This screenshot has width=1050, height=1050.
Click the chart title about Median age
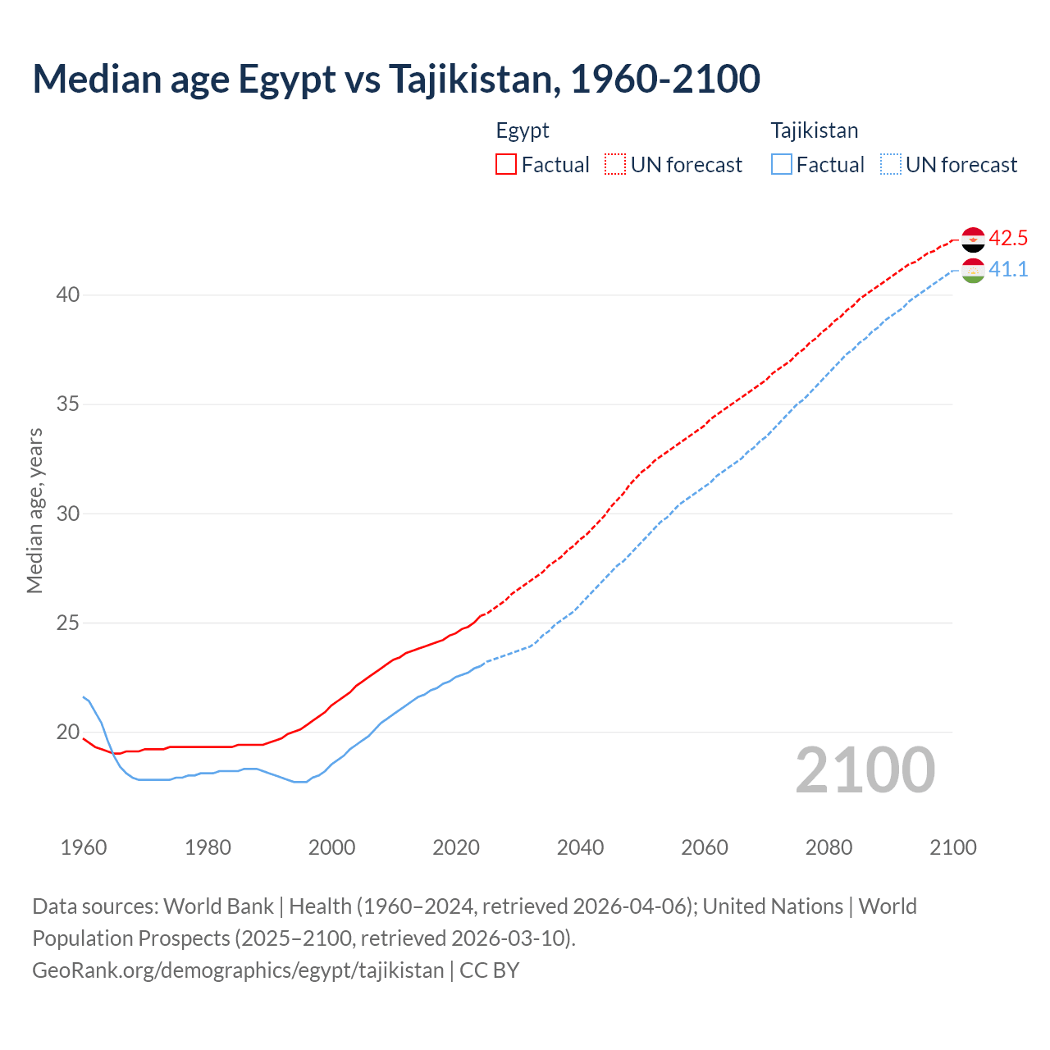tap(396, 79)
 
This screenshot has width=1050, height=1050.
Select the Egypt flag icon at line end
tap(973, 240)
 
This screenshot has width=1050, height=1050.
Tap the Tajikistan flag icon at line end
tap(973, 270)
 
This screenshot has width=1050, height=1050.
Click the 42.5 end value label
tap(1008, 239)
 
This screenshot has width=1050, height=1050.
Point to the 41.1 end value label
tap(1008, 270)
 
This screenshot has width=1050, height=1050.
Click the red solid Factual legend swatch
tap(506, 165)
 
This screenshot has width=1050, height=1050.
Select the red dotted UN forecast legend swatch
tap(615, 165)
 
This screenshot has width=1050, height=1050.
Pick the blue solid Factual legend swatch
tap(782, 165)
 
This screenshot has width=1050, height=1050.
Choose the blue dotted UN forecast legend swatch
tap(891, 165)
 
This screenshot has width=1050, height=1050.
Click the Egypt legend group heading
tap(523, 130)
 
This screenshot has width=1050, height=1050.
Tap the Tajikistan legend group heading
tap(815, 130)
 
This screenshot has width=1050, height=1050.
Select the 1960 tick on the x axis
tap(84, 847)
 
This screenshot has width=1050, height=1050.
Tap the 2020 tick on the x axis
tap(456, 847)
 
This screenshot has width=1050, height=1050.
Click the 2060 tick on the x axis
tap(705, 847)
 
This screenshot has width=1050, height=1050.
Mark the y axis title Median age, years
tap(34, 510)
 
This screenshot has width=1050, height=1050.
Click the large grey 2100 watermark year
tap(865, 770)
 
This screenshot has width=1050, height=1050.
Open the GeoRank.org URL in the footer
tap(238, 970)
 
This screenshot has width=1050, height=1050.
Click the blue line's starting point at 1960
tap(84, 697)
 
